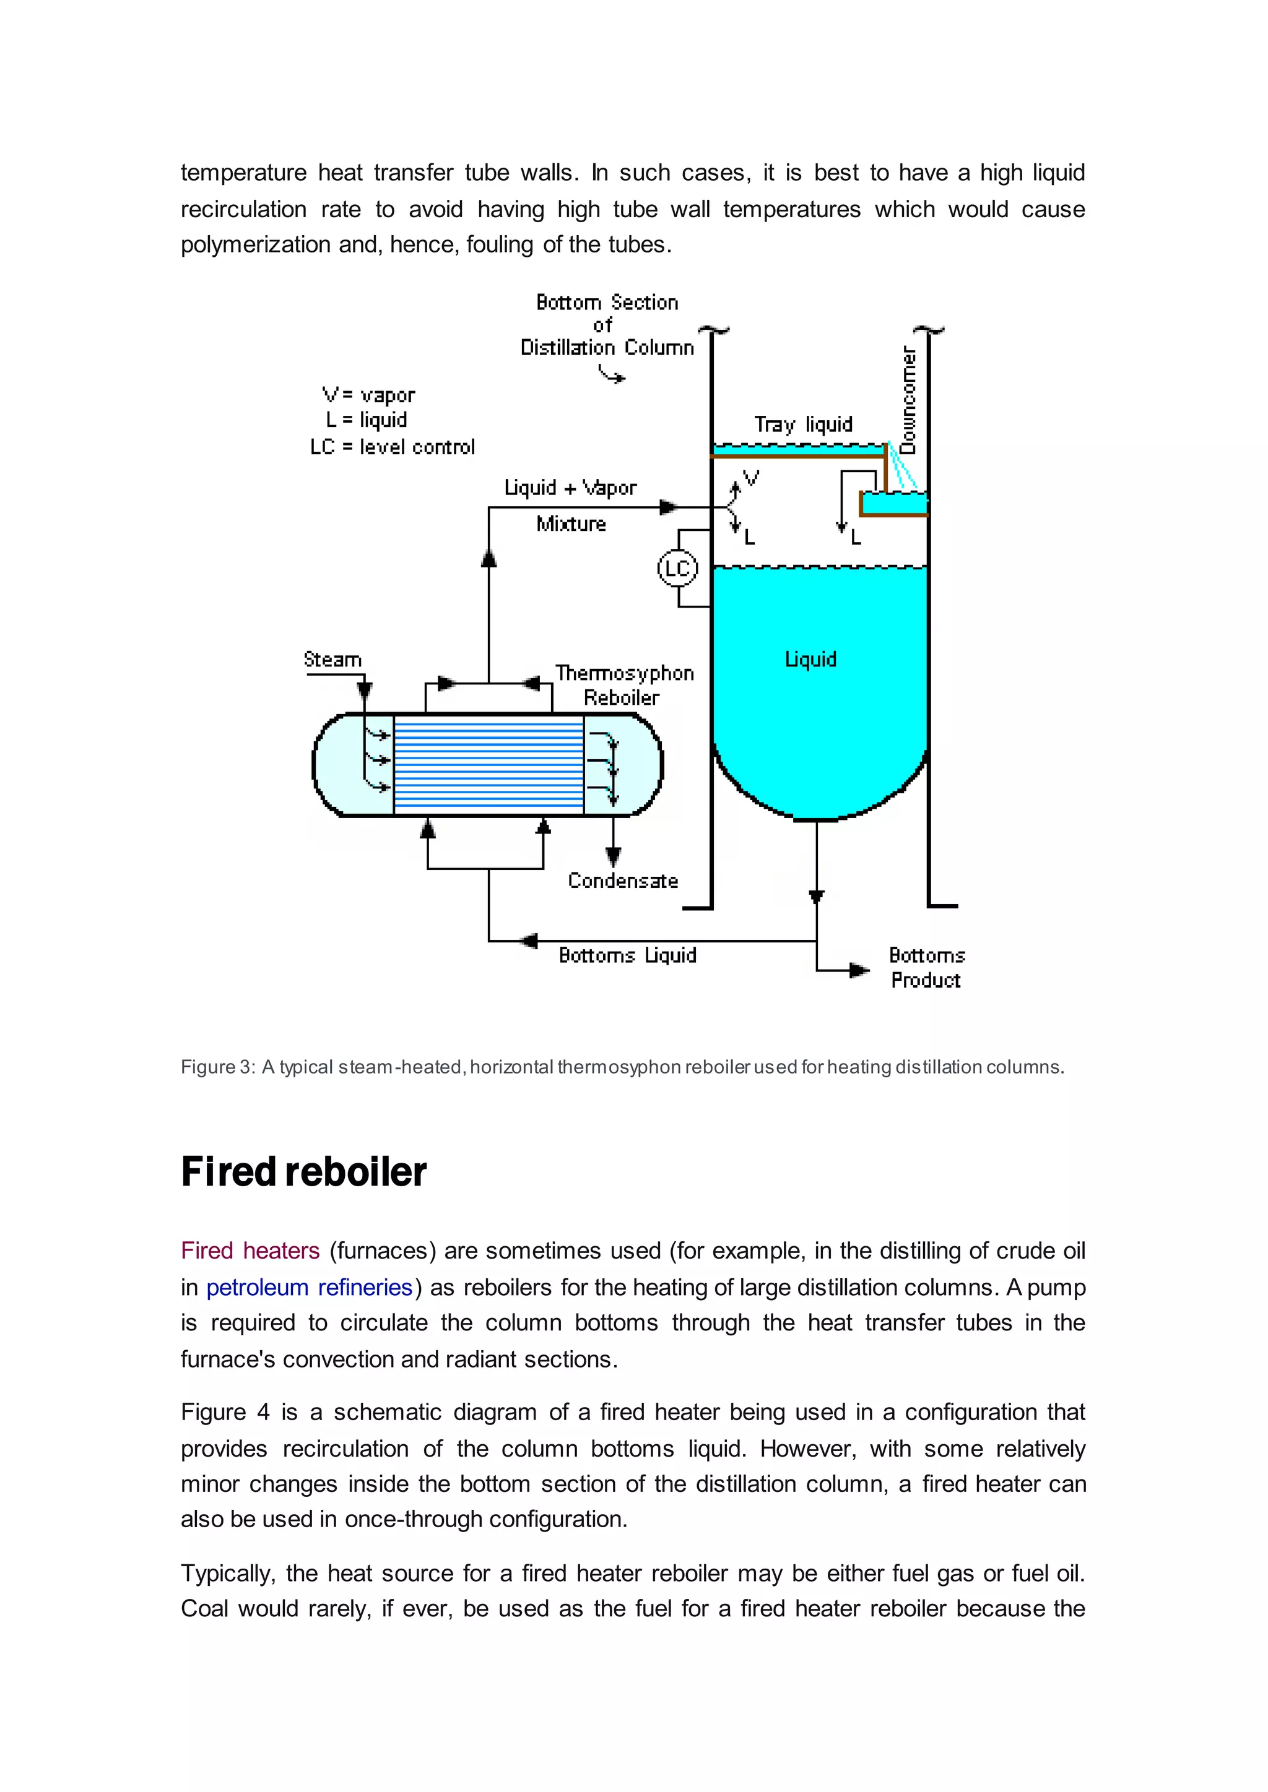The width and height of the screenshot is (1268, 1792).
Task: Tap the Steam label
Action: tap(332, 660)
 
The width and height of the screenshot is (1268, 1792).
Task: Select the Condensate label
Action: tap(622, 881)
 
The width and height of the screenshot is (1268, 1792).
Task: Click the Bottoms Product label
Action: tap(926, 968)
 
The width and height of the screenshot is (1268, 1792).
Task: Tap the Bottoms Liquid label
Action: tap(627, 955)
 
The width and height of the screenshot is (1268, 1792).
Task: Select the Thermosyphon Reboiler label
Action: tap(624, 684)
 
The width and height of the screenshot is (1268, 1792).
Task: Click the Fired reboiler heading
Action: tap(304, 1171)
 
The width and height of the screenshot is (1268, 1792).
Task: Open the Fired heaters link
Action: tap(250, 1251)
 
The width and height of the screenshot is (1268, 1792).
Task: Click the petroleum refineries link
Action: tap(309, 1287)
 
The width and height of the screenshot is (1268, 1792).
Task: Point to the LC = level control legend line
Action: tap(392, 447)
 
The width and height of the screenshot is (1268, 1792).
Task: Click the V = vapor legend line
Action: tap(368, 395)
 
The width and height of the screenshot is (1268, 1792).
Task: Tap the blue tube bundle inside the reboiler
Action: tap(489, 765)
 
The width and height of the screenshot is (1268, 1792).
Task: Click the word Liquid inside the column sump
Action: tap(810, 660)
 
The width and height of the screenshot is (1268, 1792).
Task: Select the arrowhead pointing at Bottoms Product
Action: tap(859, 970)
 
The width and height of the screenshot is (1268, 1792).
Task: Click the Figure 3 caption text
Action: tap(622, 1067)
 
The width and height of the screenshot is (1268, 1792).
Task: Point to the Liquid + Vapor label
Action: tap(570, 488)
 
